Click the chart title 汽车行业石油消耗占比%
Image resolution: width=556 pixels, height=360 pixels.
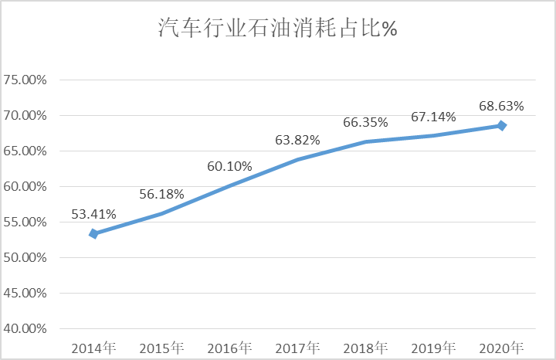click(x=277, y=29)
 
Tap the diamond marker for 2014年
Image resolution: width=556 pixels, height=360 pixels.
click(x=93, y=233)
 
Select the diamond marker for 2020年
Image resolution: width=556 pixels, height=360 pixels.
click(x=501, y=125)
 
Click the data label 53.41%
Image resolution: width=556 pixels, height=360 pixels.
click(x=93, y=215)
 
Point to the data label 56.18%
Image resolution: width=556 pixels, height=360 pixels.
click(x=161, y=194)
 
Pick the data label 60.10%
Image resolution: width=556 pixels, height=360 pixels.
click(x=229, y=166)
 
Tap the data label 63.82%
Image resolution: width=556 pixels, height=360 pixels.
click(x=297, y=140)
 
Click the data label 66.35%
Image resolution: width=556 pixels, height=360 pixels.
click(x=365, y=122)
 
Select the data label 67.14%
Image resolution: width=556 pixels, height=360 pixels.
click(x=433, y=117)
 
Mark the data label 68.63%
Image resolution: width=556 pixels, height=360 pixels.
click(x=501, y=106)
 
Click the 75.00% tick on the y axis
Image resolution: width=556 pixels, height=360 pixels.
click(x=25, y=80)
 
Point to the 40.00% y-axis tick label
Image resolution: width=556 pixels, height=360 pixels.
click(x=25, y=329)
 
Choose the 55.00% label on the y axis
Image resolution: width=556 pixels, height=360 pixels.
click(x=25, y=222)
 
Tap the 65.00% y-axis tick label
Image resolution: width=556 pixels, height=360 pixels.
click(x=25, y=151)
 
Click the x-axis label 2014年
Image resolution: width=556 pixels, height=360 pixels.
click(x=93, y=347)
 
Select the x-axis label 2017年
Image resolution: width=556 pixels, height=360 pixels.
click(x=297, y=347)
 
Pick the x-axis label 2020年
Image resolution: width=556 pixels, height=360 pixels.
click(x=501, y=347)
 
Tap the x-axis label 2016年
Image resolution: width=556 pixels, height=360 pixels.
click(x=229, y=347)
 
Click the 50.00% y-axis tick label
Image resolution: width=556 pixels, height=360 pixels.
click(x=25, y=258)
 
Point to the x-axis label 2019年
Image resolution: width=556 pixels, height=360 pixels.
click(x=433, y=347)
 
